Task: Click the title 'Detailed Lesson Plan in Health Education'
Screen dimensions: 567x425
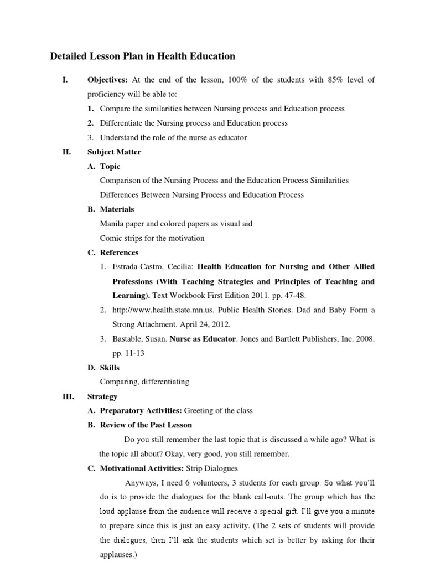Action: [142, 56]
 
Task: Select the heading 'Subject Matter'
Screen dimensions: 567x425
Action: [114, 152]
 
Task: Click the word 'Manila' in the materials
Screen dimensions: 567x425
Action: [111, 224]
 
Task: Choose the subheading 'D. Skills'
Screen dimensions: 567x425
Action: [103, 368]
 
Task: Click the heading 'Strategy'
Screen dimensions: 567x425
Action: [102, 396]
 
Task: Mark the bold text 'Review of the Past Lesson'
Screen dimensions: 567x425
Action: [146, 425]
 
